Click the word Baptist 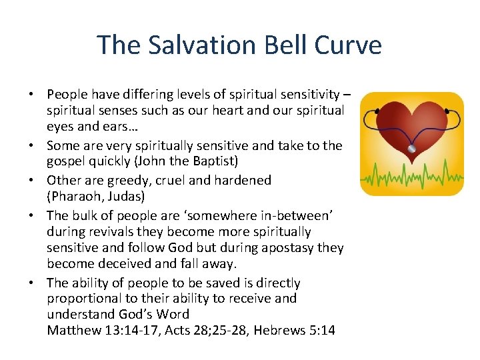pyautogui.click(x=209, y=162)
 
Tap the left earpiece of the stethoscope pyautogui.click(x=377, y=110)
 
